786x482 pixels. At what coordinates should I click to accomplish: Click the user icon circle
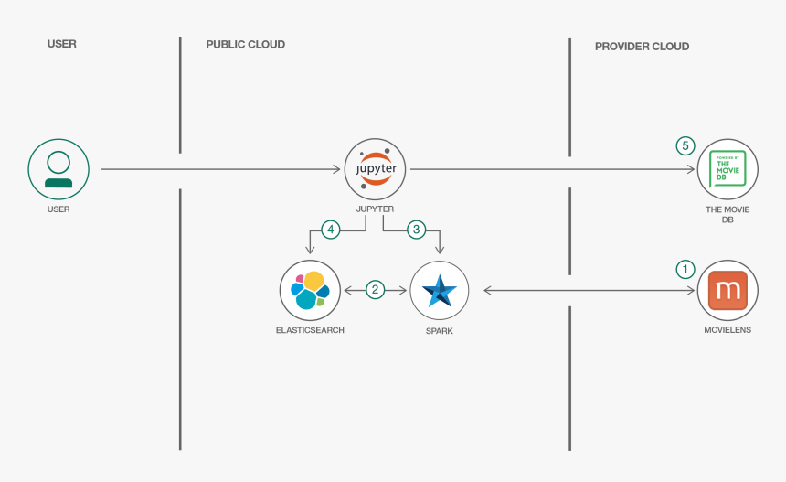58,169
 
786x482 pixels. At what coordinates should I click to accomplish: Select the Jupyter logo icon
375,169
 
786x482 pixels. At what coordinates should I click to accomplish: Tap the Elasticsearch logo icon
310,290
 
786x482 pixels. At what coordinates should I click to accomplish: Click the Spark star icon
439,290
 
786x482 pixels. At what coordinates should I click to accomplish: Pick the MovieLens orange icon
728,290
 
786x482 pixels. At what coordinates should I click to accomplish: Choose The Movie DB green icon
728,169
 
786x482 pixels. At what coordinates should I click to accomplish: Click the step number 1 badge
685,269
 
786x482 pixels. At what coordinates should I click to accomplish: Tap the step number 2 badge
375,290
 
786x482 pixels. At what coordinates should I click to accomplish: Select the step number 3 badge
416,230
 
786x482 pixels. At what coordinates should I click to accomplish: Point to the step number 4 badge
330,230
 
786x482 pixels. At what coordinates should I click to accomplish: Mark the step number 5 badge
685,145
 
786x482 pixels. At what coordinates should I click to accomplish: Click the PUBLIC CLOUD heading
245,45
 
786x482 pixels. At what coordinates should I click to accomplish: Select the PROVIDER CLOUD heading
642,46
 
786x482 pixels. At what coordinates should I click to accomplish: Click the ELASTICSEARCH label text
310,329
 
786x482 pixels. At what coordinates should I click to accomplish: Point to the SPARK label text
439,331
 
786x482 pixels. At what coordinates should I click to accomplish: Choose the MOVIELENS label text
728,329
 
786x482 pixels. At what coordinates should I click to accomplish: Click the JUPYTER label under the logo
375,209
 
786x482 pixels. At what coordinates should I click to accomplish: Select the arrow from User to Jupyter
219,169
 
